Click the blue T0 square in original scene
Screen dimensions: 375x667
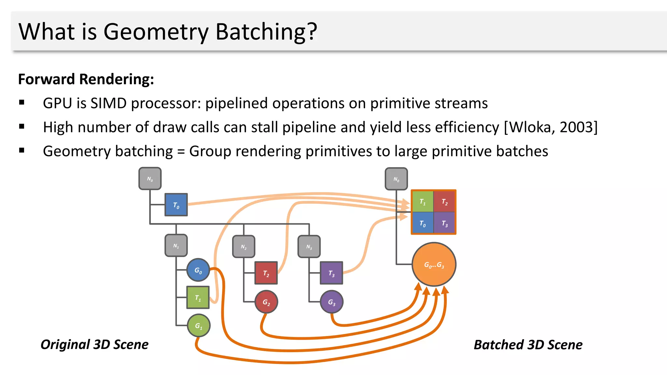[x=176, y=205]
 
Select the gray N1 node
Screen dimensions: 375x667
[x=176, y=245]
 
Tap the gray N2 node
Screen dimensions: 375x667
[x=244, y=246]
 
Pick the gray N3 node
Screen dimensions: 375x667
[x=309, y=246]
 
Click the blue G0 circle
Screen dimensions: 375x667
[x=198, y=270]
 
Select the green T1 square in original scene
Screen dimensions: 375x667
[x=198, y=297]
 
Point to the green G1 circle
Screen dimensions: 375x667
[x=199, y=325]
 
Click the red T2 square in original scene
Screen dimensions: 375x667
[x=266, y=273]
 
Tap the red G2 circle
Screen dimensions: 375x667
[x=266, y=302]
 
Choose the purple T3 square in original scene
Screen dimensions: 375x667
[x=331, y=273]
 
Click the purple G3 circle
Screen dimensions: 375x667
[x=332, y=302]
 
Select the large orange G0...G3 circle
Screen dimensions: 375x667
[x=434, y=264]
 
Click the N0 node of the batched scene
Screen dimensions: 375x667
[x=396, y=179]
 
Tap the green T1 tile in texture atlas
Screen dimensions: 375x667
[x=422, y=201]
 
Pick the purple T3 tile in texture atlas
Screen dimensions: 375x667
[x=445, y=223]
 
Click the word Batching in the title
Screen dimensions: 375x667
[x=266, y=32]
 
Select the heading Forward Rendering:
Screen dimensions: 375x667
[x=86, y=79]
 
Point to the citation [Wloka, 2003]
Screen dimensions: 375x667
[x=551, y=127]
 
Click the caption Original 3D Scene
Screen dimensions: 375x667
[x=94, y=344]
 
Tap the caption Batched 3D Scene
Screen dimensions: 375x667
[x=528, y=344]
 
